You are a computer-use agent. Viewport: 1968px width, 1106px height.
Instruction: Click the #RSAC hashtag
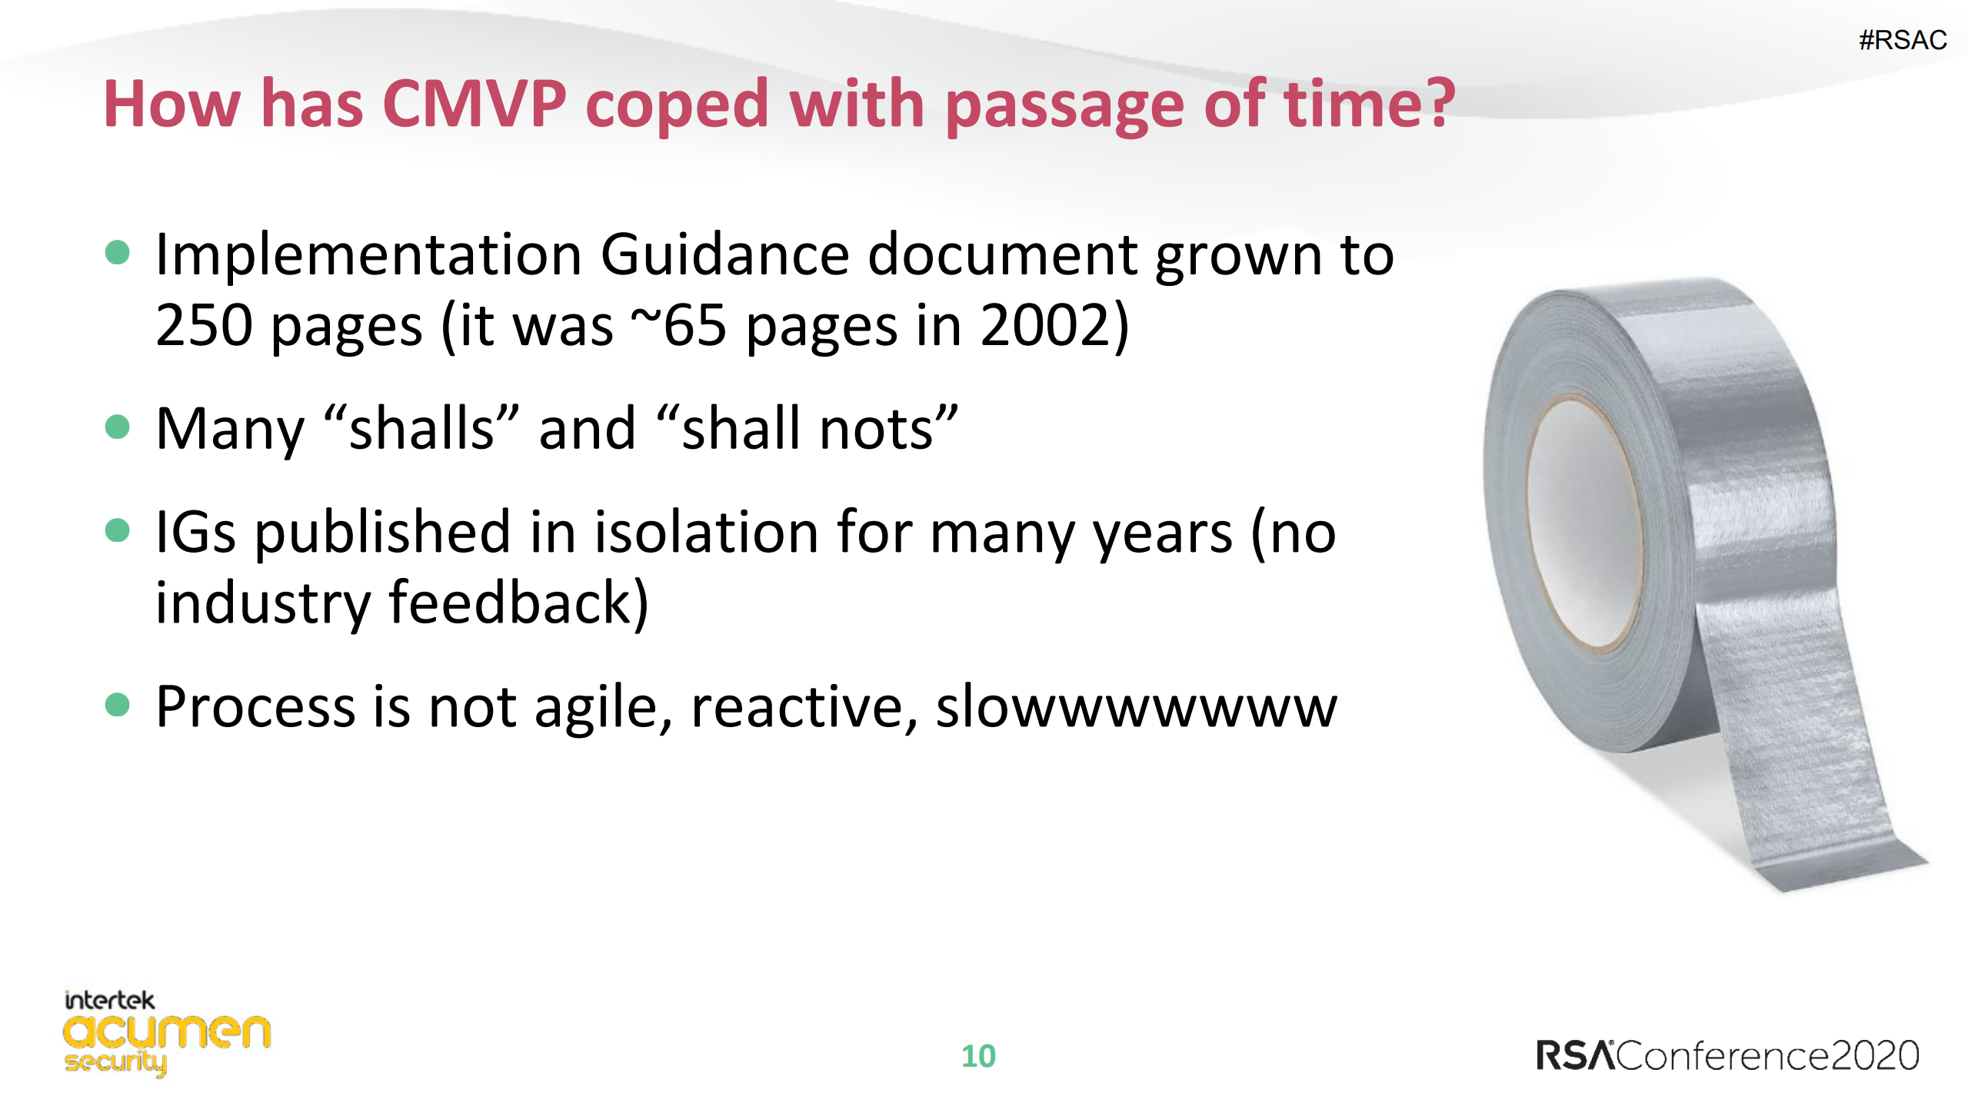point(1902,40)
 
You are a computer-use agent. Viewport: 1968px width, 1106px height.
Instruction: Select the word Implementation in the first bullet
point(368,255)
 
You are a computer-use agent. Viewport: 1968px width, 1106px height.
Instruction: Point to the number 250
point(204,326)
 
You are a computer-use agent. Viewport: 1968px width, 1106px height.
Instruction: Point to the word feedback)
point(518,603)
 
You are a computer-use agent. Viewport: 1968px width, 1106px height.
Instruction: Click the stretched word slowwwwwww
point(1136,708)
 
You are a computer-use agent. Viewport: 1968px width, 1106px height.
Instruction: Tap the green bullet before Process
point(117,704)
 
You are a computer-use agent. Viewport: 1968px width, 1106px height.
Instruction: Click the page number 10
point(978,1056)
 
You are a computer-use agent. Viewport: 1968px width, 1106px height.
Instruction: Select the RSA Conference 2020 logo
point(1727,1055)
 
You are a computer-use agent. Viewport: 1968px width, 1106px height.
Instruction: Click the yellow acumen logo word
point(167,1031)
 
